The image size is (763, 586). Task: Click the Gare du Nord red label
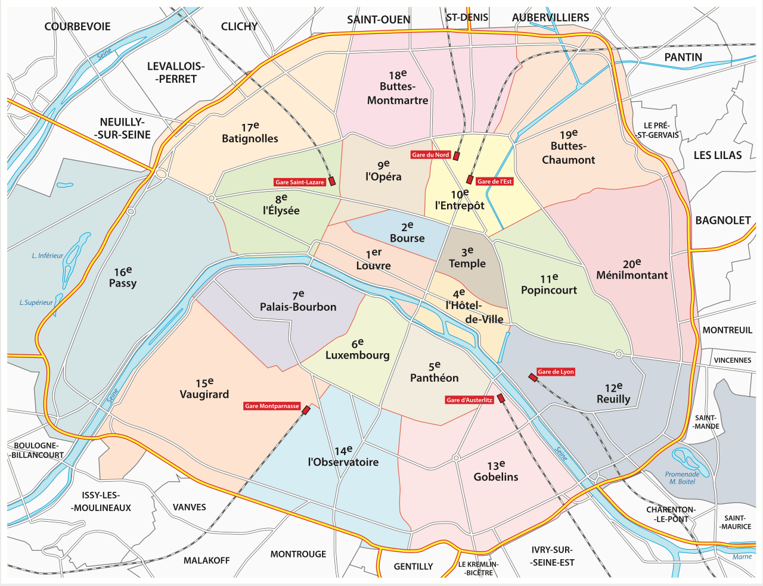[x=430, y=155]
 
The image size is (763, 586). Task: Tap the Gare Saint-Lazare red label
[x=300, y=182]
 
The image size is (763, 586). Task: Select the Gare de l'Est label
[x=494, y=182]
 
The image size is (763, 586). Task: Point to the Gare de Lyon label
[x=556, y=372]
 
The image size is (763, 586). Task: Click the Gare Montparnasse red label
[x=272, y=406]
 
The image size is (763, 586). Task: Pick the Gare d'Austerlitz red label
[x=470, y=400]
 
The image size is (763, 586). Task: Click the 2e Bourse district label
[x=407, y=232]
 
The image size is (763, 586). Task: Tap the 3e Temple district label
[x=467, y=258]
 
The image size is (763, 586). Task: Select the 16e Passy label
[x=123, y=278]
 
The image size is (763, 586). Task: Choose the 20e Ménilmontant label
[x=632, y=269]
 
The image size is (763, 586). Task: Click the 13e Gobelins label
[x=496, y=471]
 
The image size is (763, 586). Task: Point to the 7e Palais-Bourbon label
[x=298, y=301]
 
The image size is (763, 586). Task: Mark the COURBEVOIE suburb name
[x=77, y=27]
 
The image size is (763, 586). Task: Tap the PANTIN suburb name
[x=683, y=57]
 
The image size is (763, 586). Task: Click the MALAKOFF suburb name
[x=206, y=560]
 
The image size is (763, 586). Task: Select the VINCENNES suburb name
[x=733, y=360]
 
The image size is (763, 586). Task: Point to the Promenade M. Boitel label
[x=683, y=478]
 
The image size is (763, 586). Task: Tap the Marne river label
[x=742, y=557]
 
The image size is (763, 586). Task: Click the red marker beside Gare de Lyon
[x=532, y=377]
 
